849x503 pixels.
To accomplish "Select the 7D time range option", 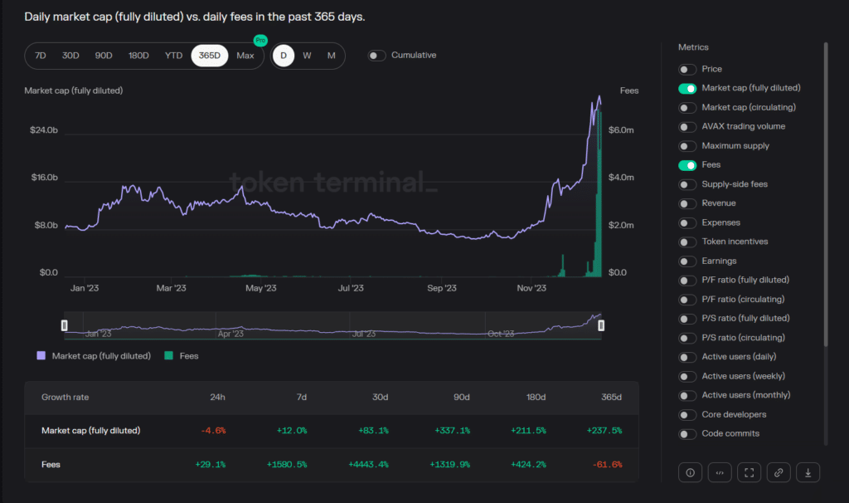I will tap(41, 56).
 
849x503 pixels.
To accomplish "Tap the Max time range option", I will tap(245, 56).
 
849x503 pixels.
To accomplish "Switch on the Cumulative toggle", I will tap(377, 56).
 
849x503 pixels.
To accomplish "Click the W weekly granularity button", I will tap(307, 56).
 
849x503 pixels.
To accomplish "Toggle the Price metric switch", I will tap(687, 69).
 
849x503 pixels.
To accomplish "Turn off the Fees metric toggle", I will tap(687, 165).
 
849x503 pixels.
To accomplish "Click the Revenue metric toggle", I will tap(687, 203).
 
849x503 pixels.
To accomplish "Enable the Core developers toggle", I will tap(687, 414).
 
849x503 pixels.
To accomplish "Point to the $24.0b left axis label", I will tap(44, 130).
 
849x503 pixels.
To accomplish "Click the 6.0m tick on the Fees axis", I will tap(622, 130).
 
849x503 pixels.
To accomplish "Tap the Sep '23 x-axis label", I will tap(441, 288).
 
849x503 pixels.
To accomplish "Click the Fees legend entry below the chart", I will tap(182, 356).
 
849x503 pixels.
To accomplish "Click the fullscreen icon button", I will tap(749, 472).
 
